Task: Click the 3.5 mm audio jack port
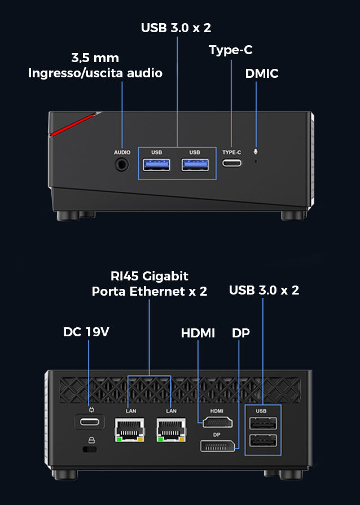pyautogui.click(x=122, y=165)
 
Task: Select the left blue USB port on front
pyautogui.click(x=156, y=165)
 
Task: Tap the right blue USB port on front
pyautogui.click(x=195, y=165)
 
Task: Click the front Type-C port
pyautogui.click(x=232, y=163)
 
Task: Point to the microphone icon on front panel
pyautogui.click(x=256, y=151)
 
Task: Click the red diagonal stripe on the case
pyautogui.click(x=73, y=124)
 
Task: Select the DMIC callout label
pyautogui.click(x=262, y=73)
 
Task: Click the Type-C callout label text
pyautogui.click(x=231, y=50)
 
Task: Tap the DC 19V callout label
pyautogui.click(x=86, y=332)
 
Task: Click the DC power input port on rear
pyautogui.click(x=90, y=421)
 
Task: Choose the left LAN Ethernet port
pyautogui.click(x=129, y=430)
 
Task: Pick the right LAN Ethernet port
pyautogui.click(x=172, y=430)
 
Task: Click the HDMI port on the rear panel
pyautogui.click(x=218, y=422)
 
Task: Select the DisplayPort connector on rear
pyautogui.click(x=218, y=446)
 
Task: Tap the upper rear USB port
pyautogui.click(x=263, y=423)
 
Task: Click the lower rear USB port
pyautogui.click(x=263, y=441)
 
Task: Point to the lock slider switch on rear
pyautogui.click(x=90, y=449)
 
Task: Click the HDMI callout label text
pyautogui.click(x=198, y=333)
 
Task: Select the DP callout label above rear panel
pyautogui.click(x=241, y=333)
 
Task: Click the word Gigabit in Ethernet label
pyautogui.click(x=165, y=276)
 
